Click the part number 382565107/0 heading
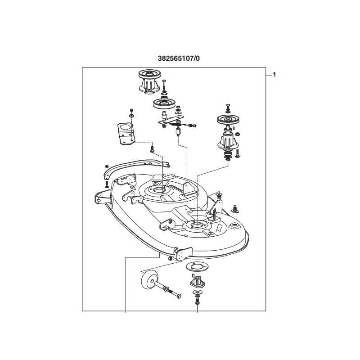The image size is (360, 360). tap(179, 58)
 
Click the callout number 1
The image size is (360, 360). tap(274, 75)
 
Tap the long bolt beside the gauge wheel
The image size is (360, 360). tap(175, 293)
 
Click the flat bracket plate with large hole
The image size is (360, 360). tap(126, 133)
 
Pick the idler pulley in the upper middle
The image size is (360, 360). tap(164, 103)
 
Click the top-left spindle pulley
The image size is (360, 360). tap(150, 74)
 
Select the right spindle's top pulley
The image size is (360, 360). tap(228, 119)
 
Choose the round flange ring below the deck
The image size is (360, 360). tap(197, 267)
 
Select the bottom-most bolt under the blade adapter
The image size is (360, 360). tap(197, 301)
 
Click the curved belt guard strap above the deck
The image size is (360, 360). tap(135, 167)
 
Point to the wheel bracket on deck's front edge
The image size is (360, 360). tap(183, 254)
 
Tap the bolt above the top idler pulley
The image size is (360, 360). tap(164, 85)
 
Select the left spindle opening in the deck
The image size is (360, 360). tap(158, 190)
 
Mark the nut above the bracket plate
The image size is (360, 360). tap(131, 110)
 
